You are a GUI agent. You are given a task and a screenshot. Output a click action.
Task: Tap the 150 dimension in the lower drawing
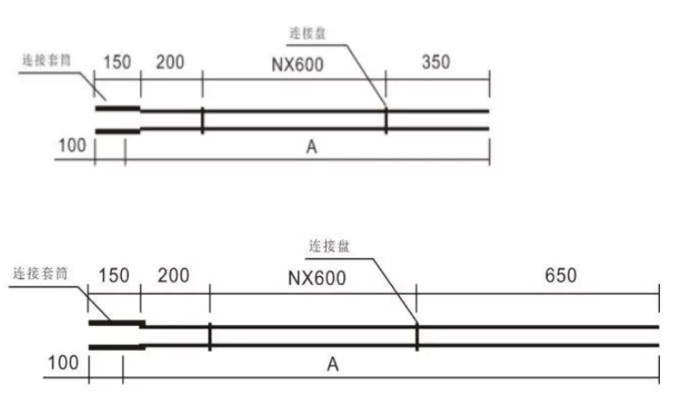(115, 274)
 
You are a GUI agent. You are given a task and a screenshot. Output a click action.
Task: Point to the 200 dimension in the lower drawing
(173, 274)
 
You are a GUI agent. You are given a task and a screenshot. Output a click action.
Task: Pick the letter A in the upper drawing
(311, 148)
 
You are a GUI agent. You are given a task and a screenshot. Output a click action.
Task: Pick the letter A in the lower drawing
(333, 364)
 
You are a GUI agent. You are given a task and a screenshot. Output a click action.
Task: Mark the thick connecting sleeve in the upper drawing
(117, 121)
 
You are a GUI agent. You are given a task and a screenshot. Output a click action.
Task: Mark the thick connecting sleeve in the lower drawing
(116, 334)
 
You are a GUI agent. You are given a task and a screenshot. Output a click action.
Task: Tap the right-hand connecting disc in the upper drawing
(386, 121)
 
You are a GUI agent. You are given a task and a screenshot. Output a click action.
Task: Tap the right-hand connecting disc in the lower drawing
(416, 335)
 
